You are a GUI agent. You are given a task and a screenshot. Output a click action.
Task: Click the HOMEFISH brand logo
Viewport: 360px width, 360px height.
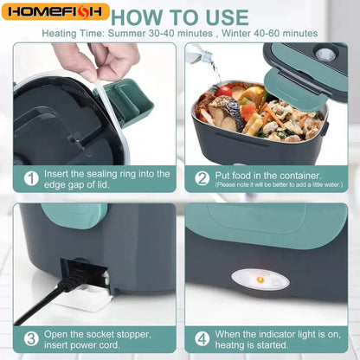(x=55, y=12)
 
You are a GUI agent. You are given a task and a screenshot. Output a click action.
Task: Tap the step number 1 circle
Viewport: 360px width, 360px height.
(x=31, y=177)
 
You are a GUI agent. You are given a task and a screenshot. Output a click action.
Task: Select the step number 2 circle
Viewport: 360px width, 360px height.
(x=202, y=177)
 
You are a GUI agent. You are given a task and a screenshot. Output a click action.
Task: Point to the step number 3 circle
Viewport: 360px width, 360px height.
(x=31, y=338)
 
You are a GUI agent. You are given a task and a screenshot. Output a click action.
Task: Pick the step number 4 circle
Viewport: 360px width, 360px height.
(x=202, y=338)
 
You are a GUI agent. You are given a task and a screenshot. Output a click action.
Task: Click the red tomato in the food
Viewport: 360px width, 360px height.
(x=226, y=91)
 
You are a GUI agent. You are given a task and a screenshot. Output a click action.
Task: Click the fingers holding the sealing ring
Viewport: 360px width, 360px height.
(x=100, y=61)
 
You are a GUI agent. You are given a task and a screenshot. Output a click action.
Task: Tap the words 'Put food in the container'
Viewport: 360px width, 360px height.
(x=264, y=173)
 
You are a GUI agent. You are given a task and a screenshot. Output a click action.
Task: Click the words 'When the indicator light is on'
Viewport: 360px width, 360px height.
(x=275, y=333)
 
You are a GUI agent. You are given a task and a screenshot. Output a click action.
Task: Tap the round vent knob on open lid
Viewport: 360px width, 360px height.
(x=326, y=55)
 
